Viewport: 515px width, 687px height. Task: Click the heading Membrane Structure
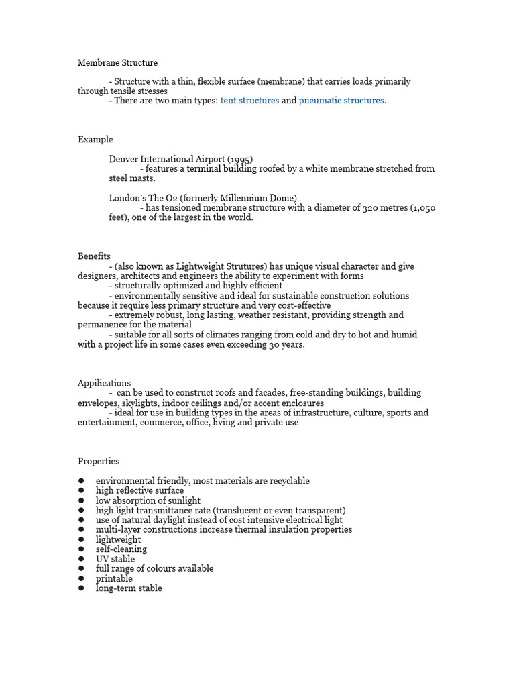point(117,63)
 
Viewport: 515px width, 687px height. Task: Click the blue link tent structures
point(249,101)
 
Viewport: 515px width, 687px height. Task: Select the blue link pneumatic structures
point(341,101)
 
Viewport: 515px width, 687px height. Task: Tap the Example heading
point(95,140)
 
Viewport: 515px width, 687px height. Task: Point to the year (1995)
point(240,160)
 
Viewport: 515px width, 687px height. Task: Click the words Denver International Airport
point(167,160)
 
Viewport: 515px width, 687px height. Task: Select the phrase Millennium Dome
point(258,198)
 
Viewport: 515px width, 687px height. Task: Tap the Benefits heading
point(94,256)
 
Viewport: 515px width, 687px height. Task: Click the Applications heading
point(104,383)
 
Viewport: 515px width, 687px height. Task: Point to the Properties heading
point(99,462)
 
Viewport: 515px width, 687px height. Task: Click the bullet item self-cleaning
point(121,549)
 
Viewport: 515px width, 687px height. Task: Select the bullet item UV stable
point(115,559)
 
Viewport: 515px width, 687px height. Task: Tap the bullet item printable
point(114,578)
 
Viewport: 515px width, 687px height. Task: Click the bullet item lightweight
point(118,539)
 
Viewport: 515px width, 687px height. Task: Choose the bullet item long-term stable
point(129,588)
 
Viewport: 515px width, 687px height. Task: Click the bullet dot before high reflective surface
point(81,491)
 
